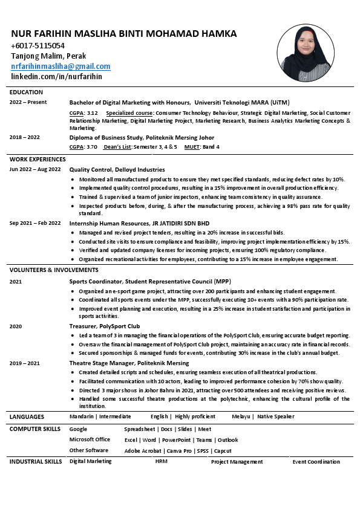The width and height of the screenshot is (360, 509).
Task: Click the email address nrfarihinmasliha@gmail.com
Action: click(61, 66)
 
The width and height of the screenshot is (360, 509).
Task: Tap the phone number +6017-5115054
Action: click(38, 46)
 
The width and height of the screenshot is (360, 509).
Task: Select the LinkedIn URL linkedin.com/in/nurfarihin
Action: click(56, 77)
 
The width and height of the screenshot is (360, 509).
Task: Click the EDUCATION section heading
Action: click(26, 92)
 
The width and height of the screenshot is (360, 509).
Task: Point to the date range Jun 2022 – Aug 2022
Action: click(35, 170)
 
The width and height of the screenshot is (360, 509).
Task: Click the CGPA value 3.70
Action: click(91, 147)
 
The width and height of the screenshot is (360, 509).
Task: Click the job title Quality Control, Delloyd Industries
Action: click(117, 170)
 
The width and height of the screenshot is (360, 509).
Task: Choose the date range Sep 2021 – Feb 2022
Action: click(35, 223)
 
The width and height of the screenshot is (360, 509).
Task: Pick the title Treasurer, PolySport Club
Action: click(105, 326)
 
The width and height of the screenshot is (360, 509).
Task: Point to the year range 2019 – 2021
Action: click(25, 363)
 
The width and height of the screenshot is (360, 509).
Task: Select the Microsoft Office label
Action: click(90, 439)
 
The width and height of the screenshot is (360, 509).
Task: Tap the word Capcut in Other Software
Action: click(223, 451)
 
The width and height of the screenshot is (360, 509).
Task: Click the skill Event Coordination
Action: click(316, 462)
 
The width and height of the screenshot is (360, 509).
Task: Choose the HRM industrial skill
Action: click(161, 462)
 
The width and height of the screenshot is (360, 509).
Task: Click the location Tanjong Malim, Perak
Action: click(48, 56)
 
